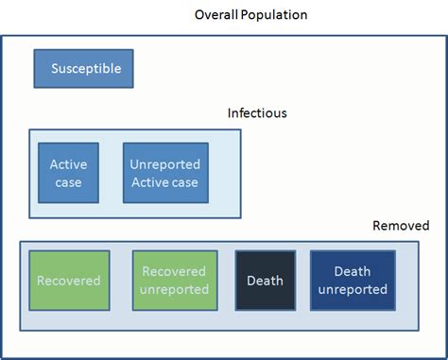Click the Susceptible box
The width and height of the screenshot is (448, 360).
[x=84, y=69]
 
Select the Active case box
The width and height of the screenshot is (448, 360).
[x=68, y=173]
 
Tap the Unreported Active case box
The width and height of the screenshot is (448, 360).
[x=164, y=173]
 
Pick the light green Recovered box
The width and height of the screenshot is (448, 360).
[x=68, y=281]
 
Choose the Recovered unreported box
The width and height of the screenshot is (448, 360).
[x=174, y=281]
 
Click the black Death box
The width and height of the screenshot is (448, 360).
[x=265, y=281]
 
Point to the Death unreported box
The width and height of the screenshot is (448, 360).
[x=353, y=281]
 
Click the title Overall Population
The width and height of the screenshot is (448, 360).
[x=250, y=15]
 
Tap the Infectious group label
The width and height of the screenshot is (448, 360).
[x=257, y=113]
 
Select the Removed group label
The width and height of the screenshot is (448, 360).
[x=401, y=226]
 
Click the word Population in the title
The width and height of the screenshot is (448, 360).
[x=275, y=15]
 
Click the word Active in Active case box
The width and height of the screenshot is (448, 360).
[x=68, y=164]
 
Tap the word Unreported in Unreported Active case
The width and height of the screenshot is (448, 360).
[x=164, y=164]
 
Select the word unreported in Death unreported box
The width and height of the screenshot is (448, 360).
[x=353, y=289]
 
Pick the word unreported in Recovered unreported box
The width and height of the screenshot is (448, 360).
[x=174, y=289]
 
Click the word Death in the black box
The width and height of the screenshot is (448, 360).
[x=265, y=281]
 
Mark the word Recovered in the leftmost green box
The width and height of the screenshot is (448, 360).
[x=68, y=281]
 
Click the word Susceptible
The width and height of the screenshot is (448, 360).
[x=84, y=69]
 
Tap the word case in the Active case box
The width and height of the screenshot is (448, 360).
[x=68, y=182]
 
